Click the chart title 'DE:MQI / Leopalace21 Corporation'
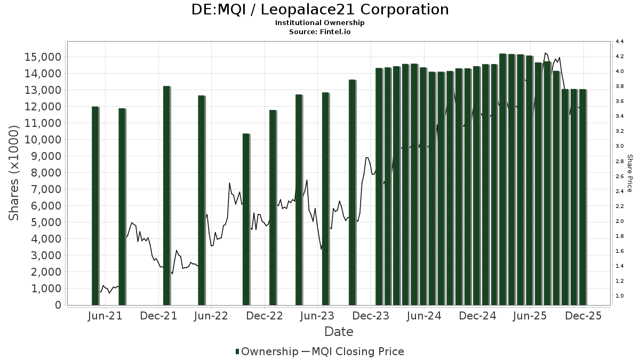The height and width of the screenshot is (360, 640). pos(320,10)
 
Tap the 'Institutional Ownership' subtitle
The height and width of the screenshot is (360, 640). pos(320,23)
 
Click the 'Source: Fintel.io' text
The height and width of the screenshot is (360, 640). pos(320,31)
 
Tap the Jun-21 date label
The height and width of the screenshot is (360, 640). pos(105,316)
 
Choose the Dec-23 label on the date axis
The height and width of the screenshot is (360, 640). pos(370,316)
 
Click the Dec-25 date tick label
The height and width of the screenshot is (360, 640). pos(583,316)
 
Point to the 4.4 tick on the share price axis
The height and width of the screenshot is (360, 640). pos(620,42)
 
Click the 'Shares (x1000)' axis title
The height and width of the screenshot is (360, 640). pos(15,173)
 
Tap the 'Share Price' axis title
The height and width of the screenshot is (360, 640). pos(629,173)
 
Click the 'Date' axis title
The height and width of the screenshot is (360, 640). pos(339,332)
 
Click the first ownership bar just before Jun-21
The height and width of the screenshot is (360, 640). pos(95,206)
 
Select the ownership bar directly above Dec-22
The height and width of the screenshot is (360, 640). pos(273,207)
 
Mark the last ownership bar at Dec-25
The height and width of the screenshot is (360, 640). pos(582,197)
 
